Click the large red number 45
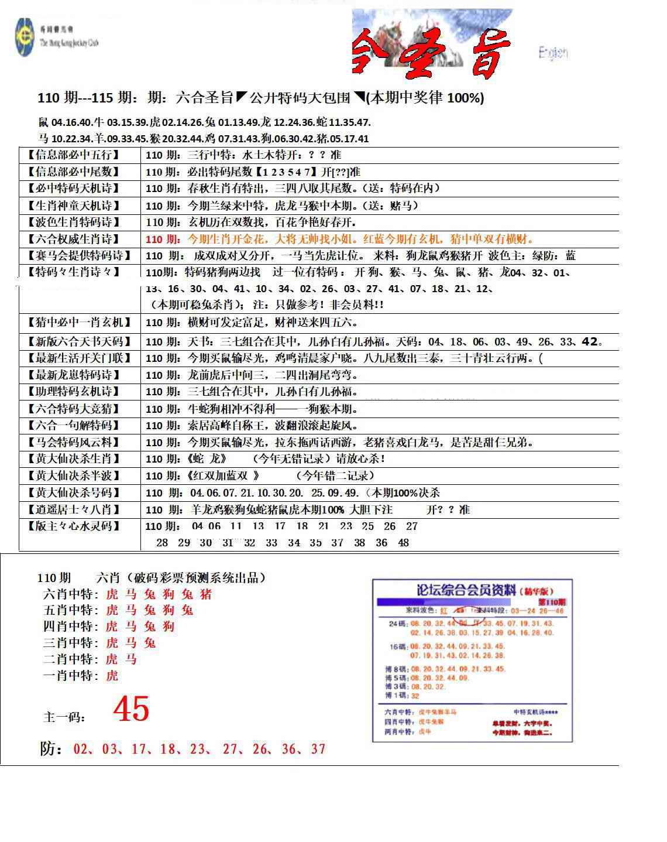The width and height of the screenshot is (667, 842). click(131, 709)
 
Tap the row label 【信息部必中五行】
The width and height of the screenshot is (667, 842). click(73, 155)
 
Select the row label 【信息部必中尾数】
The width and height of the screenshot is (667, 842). click(73, 172)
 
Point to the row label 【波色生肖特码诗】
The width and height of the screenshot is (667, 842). click(73, 223)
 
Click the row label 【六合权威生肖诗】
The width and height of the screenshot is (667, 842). click(73, 239)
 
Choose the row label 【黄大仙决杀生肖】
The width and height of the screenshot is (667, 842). click(73, 458)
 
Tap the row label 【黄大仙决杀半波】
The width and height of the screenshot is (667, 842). click(73, 475)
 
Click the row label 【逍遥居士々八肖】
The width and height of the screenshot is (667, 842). click(73, 509)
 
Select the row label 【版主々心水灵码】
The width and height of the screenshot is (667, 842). click(73, 526)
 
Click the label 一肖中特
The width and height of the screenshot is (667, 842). click(70, 676)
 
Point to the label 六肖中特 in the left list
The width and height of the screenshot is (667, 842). click(70, 594)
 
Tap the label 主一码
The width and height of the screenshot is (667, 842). click(64, 717)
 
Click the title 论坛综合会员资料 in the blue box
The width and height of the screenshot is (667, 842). click(466, 590)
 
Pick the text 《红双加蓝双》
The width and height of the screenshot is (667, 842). click(224, 475)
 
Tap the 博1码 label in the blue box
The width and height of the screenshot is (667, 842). click(396, 696)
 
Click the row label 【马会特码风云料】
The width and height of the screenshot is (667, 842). click(73, 442)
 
